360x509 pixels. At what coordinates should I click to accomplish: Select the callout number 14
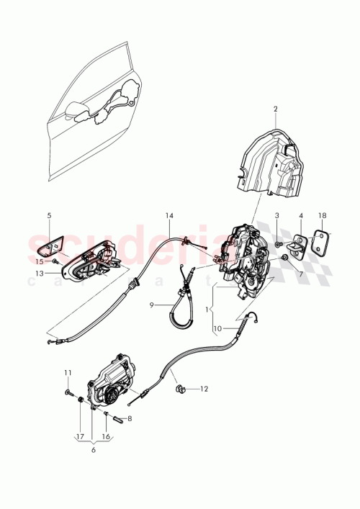coord(169,216)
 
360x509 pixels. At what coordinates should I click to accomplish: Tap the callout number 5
coord(49,215)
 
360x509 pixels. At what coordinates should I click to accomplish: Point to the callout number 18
coord(323,215)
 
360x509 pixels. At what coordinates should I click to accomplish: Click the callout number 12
coord(204,389)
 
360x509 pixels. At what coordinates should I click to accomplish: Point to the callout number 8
coord(130,418)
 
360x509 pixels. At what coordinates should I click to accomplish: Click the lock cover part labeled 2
coord(274,162)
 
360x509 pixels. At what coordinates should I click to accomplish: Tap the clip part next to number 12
coord(181,389)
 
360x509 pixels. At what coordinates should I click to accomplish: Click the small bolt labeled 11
coord(68,393)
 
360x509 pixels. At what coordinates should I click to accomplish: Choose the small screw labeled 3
coord(277,245)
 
